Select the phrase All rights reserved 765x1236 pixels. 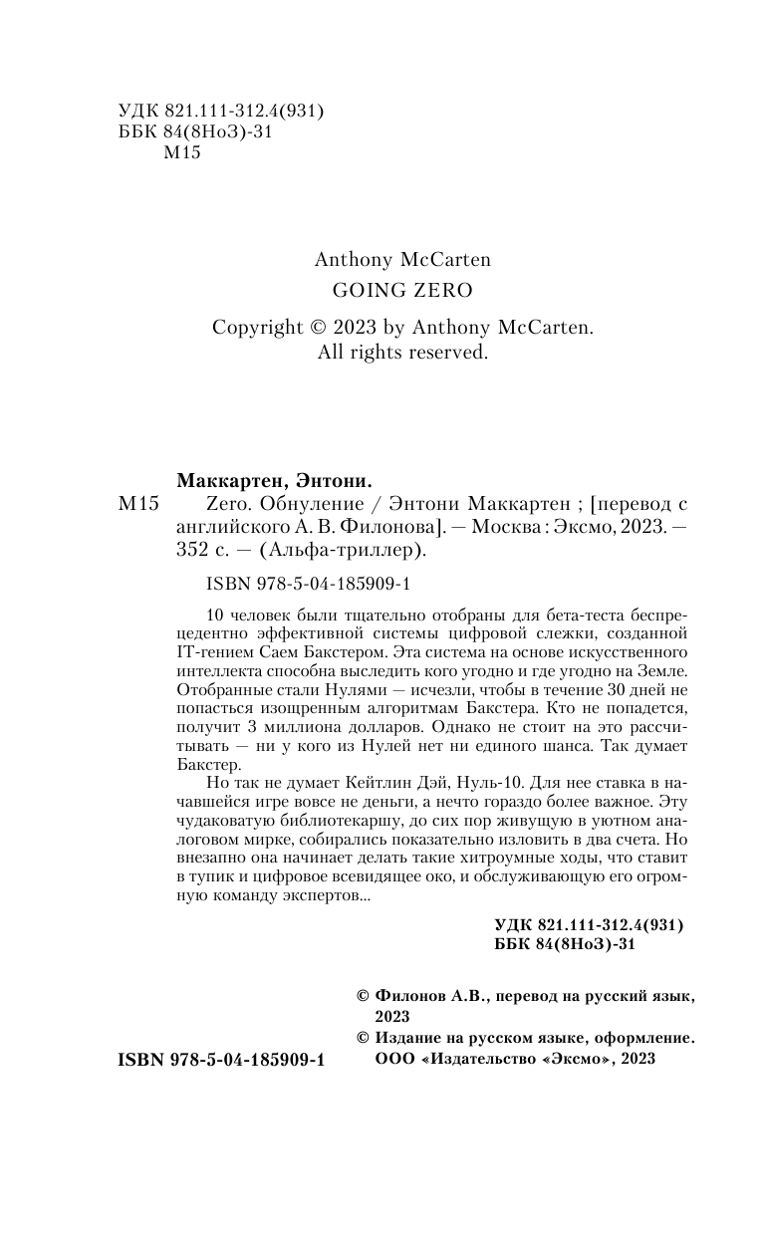click(x=401, y=352)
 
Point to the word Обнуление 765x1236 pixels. click(x=273, y=506)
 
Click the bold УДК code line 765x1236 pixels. click(x=588, y=923)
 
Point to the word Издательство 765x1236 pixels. click(x=482, y=1060)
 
